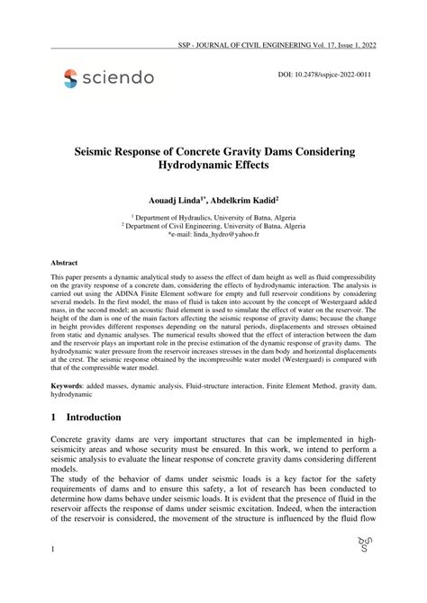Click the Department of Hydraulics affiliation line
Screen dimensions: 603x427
pos(213,217)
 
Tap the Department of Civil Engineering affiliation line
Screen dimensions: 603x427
pos(213,226)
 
